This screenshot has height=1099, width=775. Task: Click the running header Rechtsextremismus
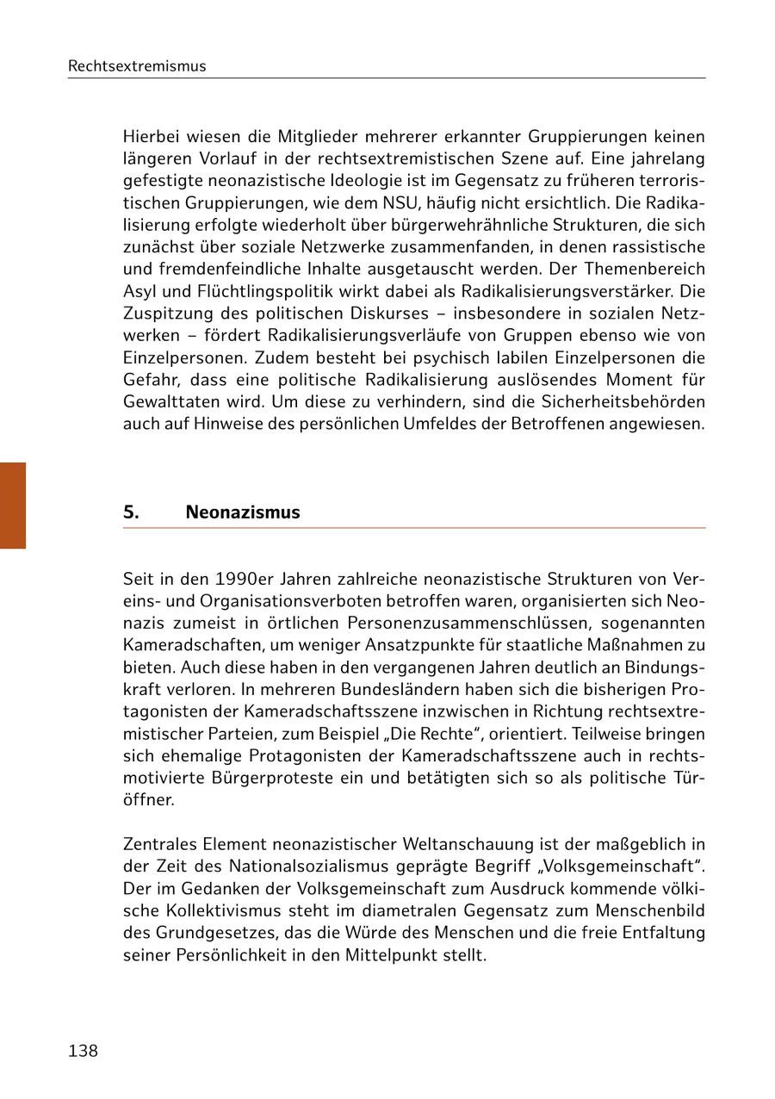click(137, 66)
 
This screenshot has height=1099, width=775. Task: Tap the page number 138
click(83, 1051)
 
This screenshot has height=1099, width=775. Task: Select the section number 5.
click(131, 512)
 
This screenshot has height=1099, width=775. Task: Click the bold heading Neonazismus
click(243, 512)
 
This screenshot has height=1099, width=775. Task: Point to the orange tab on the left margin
click(13, 506)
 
